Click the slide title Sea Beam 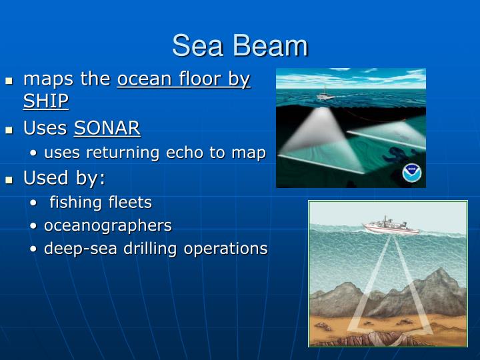(x=240, y=46)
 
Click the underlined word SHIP (x=46, y=101)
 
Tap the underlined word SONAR (x=107, y=128)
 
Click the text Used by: (x=64, y=178)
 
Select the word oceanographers (x=107, y=225)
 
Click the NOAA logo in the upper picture (x=413, y=173)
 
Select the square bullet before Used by (x=9, y=179)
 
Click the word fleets (x=133, y=202)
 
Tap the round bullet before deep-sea (x=34, y=249)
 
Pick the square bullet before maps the (x=9, y=81)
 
